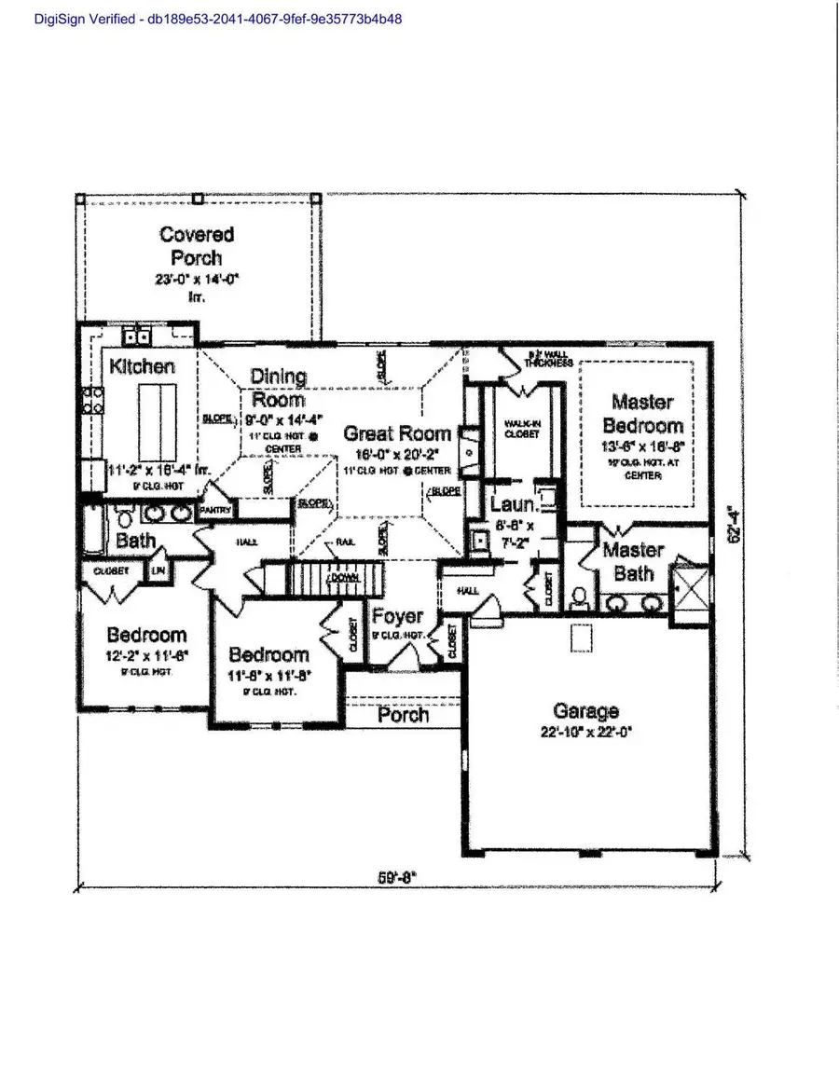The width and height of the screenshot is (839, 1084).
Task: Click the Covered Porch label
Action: click(x=196, y=246)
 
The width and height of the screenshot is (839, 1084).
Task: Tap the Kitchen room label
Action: click(x=142, y=366)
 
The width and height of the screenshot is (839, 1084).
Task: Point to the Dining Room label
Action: click(x=278, y=388)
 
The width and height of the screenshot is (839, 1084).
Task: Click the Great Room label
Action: click(x=397, y=433)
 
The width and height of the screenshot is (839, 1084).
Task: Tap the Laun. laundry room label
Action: click(x=513, y=504)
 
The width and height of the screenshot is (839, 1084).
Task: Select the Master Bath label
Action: click(x=633, y=562)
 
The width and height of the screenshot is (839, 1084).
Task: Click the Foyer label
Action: click(x=397, y=616)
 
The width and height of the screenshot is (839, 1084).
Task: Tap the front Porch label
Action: click(x=404, y=715)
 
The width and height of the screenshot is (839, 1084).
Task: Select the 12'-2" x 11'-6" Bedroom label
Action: click(x=146, y=635)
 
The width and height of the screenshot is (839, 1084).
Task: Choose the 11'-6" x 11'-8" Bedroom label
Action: click(x=268, y=654)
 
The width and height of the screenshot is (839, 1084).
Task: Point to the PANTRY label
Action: click(x=216, y=510)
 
